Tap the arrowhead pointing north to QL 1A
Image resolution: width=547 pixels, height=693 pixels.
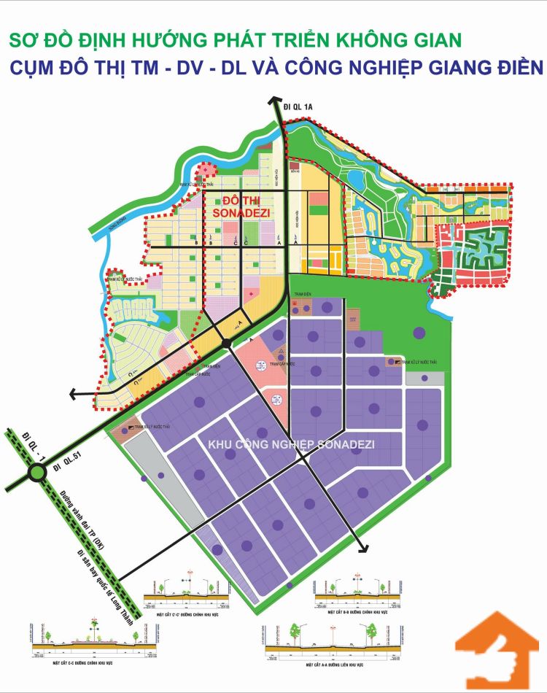[x=274, y=102]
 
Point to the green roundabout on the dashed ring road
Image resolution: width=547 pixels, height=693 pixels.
[x=37, y=475]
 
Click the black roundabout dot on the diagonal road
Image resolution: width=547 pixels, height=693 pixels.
[x=227, y=343]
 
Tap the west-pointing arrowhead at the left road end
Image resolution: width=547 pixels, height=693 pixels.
[x=74, y=394]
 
